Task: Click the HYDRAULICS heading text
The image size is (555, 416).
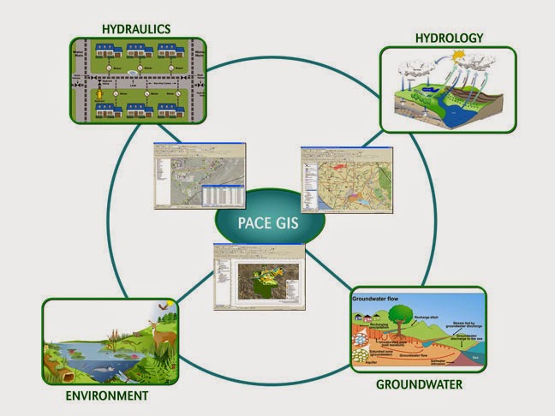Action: (135, 28)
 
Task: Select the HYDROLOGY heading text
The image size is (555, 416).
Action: (449, 38)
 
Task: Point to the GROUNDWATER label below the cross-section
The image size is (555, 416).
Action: (419, 384)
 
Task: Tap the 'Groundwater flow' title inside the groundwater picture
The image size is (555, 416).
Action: (387, 299)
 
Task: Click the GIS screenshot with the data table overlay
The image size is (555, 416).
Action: (200, 175)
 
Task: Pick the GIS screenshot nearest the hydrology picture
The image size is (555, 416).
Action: (338, 179)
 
